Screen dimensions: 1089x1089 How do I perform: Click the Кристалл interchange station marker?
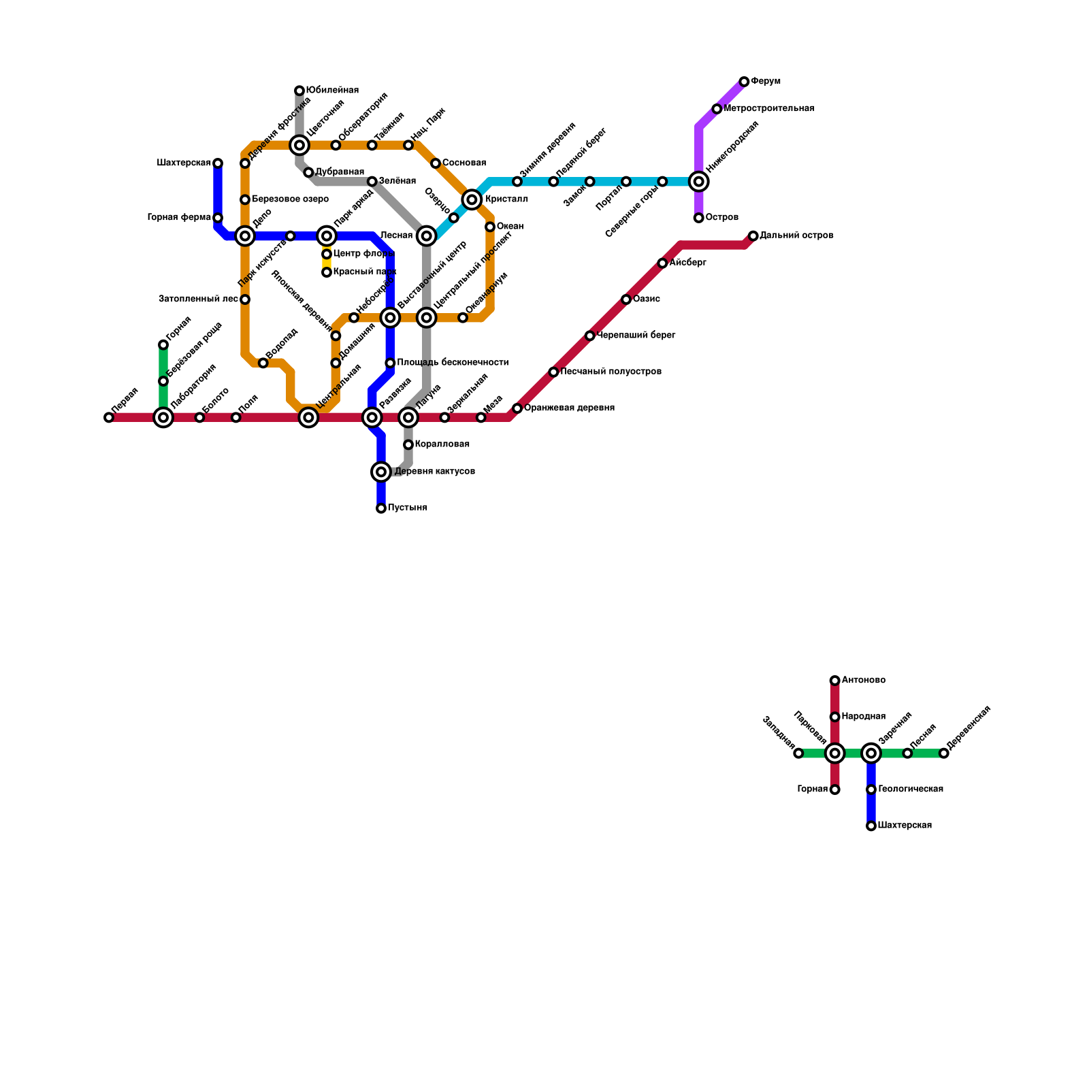(472, 199)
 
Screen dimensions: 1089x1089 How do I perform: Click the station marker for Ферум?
(744, 82)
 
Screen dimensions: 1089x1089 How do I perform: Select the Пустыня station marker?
(381, 508)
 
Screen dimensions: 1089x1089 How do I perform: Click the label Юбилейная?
(332, 91)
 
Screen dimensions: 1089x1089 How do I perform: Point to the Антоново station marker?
(834, 681)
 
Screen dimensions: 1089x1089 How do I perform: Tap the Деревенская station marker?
(943, 753)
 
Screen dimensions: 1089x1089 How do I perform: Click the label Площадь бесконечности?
(453, 363)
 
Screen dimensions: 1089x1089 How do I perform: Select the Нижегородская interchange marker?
(698, 182)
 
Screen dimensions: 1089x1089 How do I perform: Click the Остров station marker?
(698, 218)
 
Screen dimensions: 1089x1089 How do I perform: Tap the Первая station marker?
(109, 417)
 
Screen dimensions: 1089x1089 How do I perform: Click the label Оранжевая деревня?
(569, 408)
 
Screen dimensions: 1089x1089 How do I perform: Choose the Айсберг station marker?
(662, 263)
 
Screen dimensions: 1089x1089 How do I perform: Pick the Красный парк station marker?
(327, 272)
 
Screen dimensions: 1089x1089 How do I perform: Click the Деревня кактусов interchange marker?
(381, 472)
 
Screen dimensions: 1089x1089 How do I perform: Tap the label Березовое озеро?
(290, 199)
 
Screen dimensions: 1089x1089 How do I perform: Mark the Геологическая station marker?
(871, 790)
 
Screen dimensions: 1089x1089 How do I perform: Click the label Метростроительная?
(769, 109)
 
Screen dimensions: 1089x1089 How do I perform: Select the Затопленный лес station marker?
(245, 299)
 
